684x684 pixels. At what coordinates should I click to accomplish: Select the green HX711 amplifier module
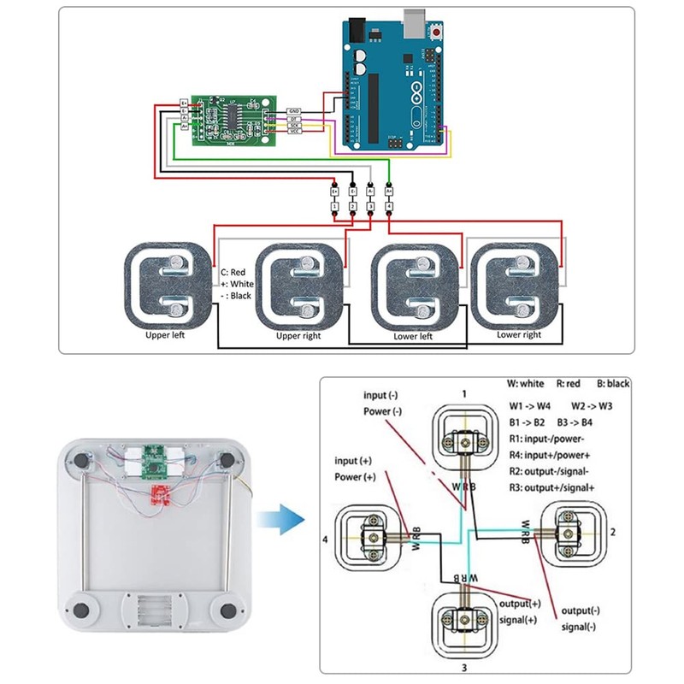pos(227,120)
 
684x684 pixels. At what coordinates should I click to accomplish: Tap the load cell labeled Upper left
pos(167,286)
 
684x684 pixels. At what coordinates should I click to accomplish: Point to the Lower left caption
pos(413,336)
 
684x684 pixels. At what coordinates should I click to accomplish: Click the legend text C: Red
pos(234,272)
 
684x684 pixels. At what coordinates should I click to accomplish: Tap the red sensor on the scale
pos(160,492)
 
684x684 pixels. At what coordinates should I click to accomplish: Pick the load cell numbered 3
pos(463,620)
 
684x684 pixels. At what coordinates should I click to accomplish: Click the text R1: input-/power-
pos(548,438)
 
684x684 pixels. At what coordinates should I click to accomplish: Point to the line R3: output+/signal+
pos(552,486)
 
